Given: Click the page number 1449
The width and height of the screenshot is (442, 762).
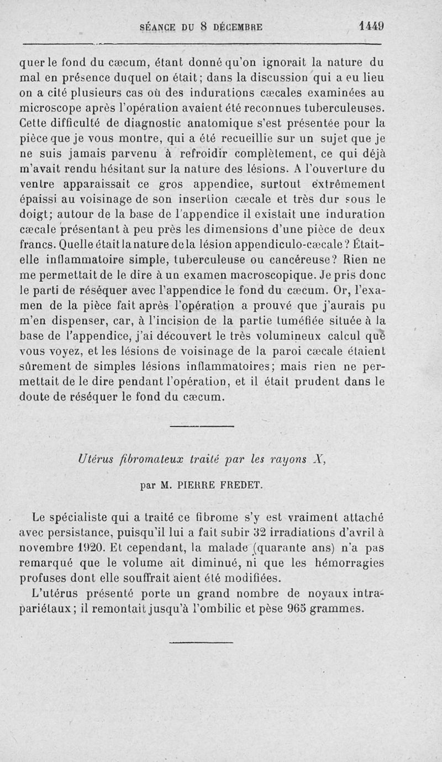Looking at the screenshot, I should pyautogui.click(x=371, y=25).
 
